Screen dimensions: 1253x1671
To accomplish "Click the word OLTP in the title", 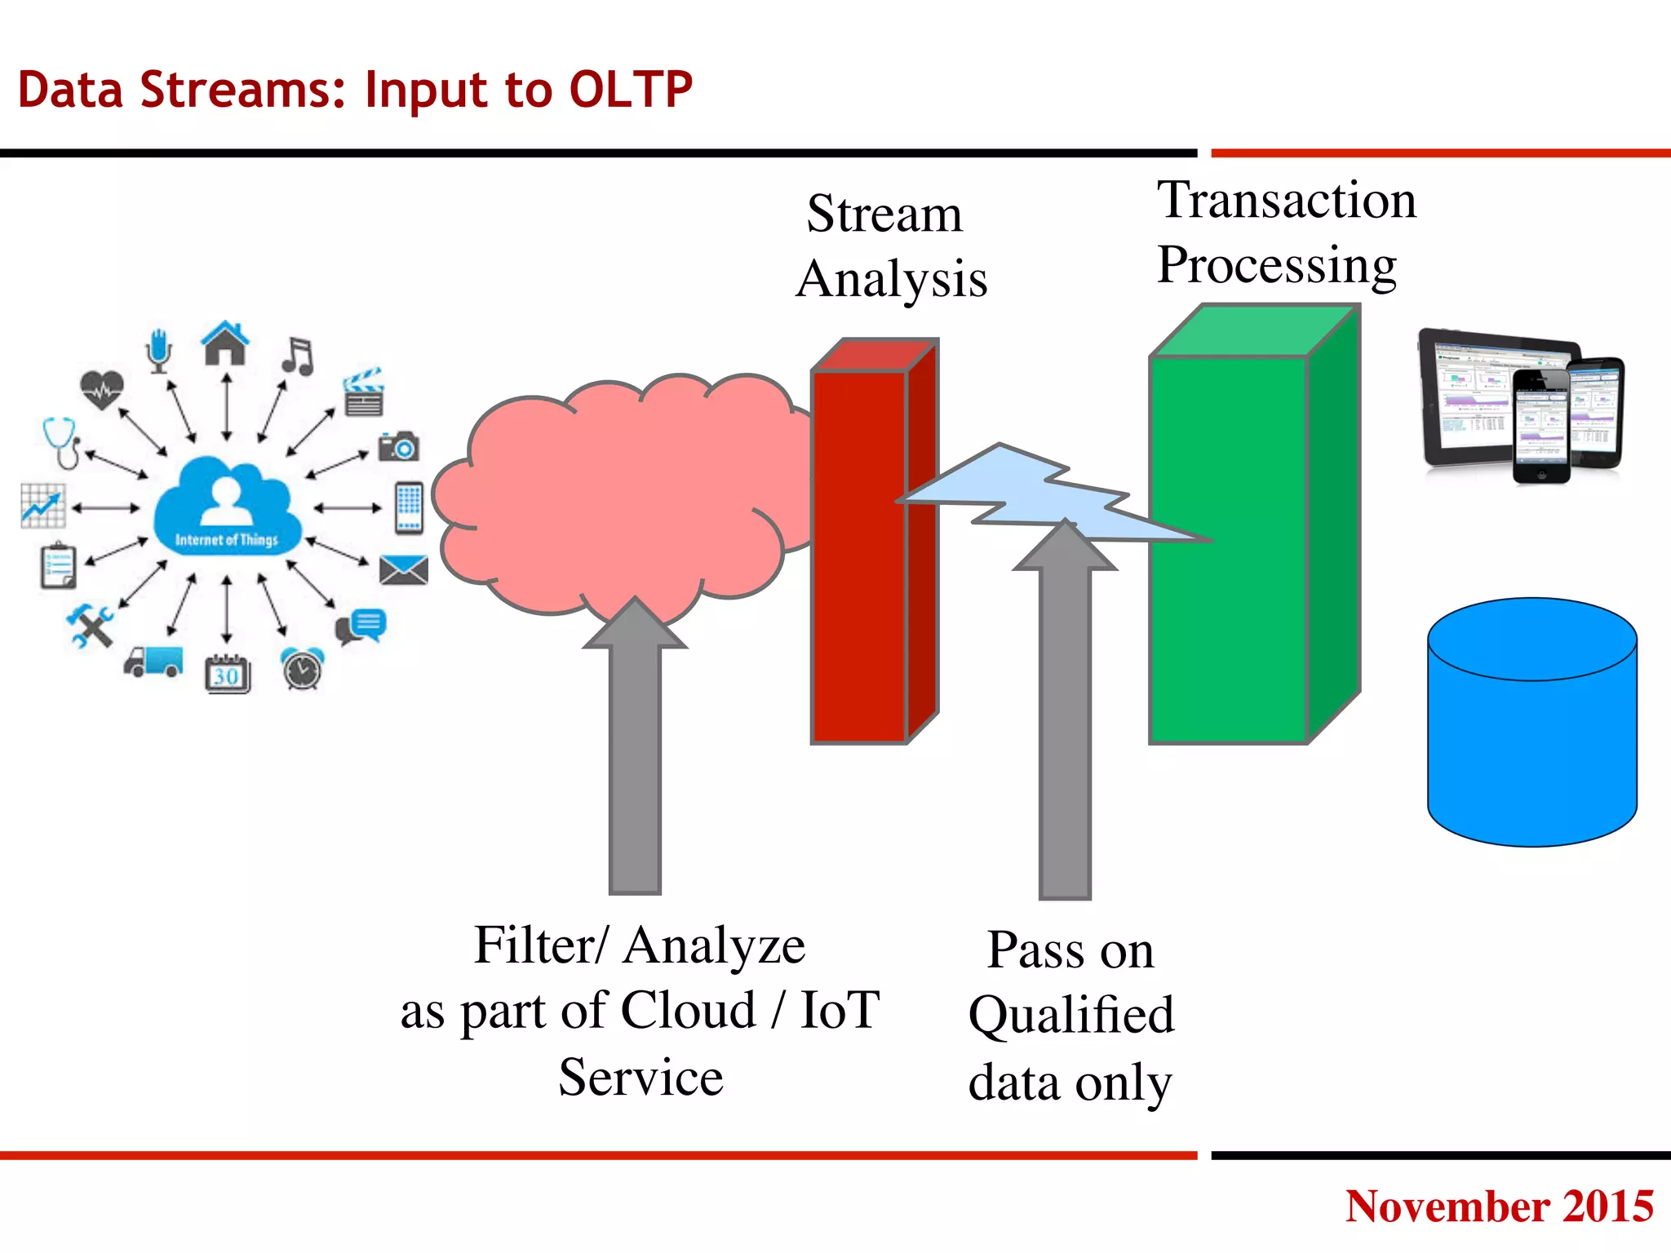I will pos(630,90).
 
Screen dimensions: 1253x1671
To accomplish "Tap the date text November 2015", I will pos(1499,1206).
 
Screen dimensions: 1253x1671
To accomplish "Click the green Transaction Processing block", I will pos(1228,620).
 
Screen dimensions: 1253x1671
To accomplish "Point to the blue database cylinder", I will pos(1531,734).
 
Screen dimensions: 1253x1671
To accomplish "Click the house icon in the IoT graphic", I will pos(226,343).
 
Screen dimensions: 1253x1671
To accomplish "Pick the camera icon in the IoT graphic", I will pos(399,446).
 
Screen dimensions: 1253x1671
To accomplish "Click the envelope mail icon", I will pos(403,570).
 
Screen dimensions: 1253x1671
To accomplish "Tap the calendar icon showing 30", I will pos(228,674).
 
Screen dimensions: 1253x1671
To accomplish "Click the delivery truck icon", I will pos(154,662).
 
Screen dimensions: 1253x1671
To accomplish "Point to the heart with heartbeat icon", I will pos(102,389).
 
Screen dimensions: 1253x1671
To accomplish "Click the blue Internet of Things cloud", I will pos(226,510).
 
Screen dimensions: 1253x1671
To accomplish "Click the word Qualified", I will pos(1071,1016).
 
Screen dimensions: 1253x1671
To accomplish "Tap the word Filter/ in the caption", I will pos(540,946).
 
